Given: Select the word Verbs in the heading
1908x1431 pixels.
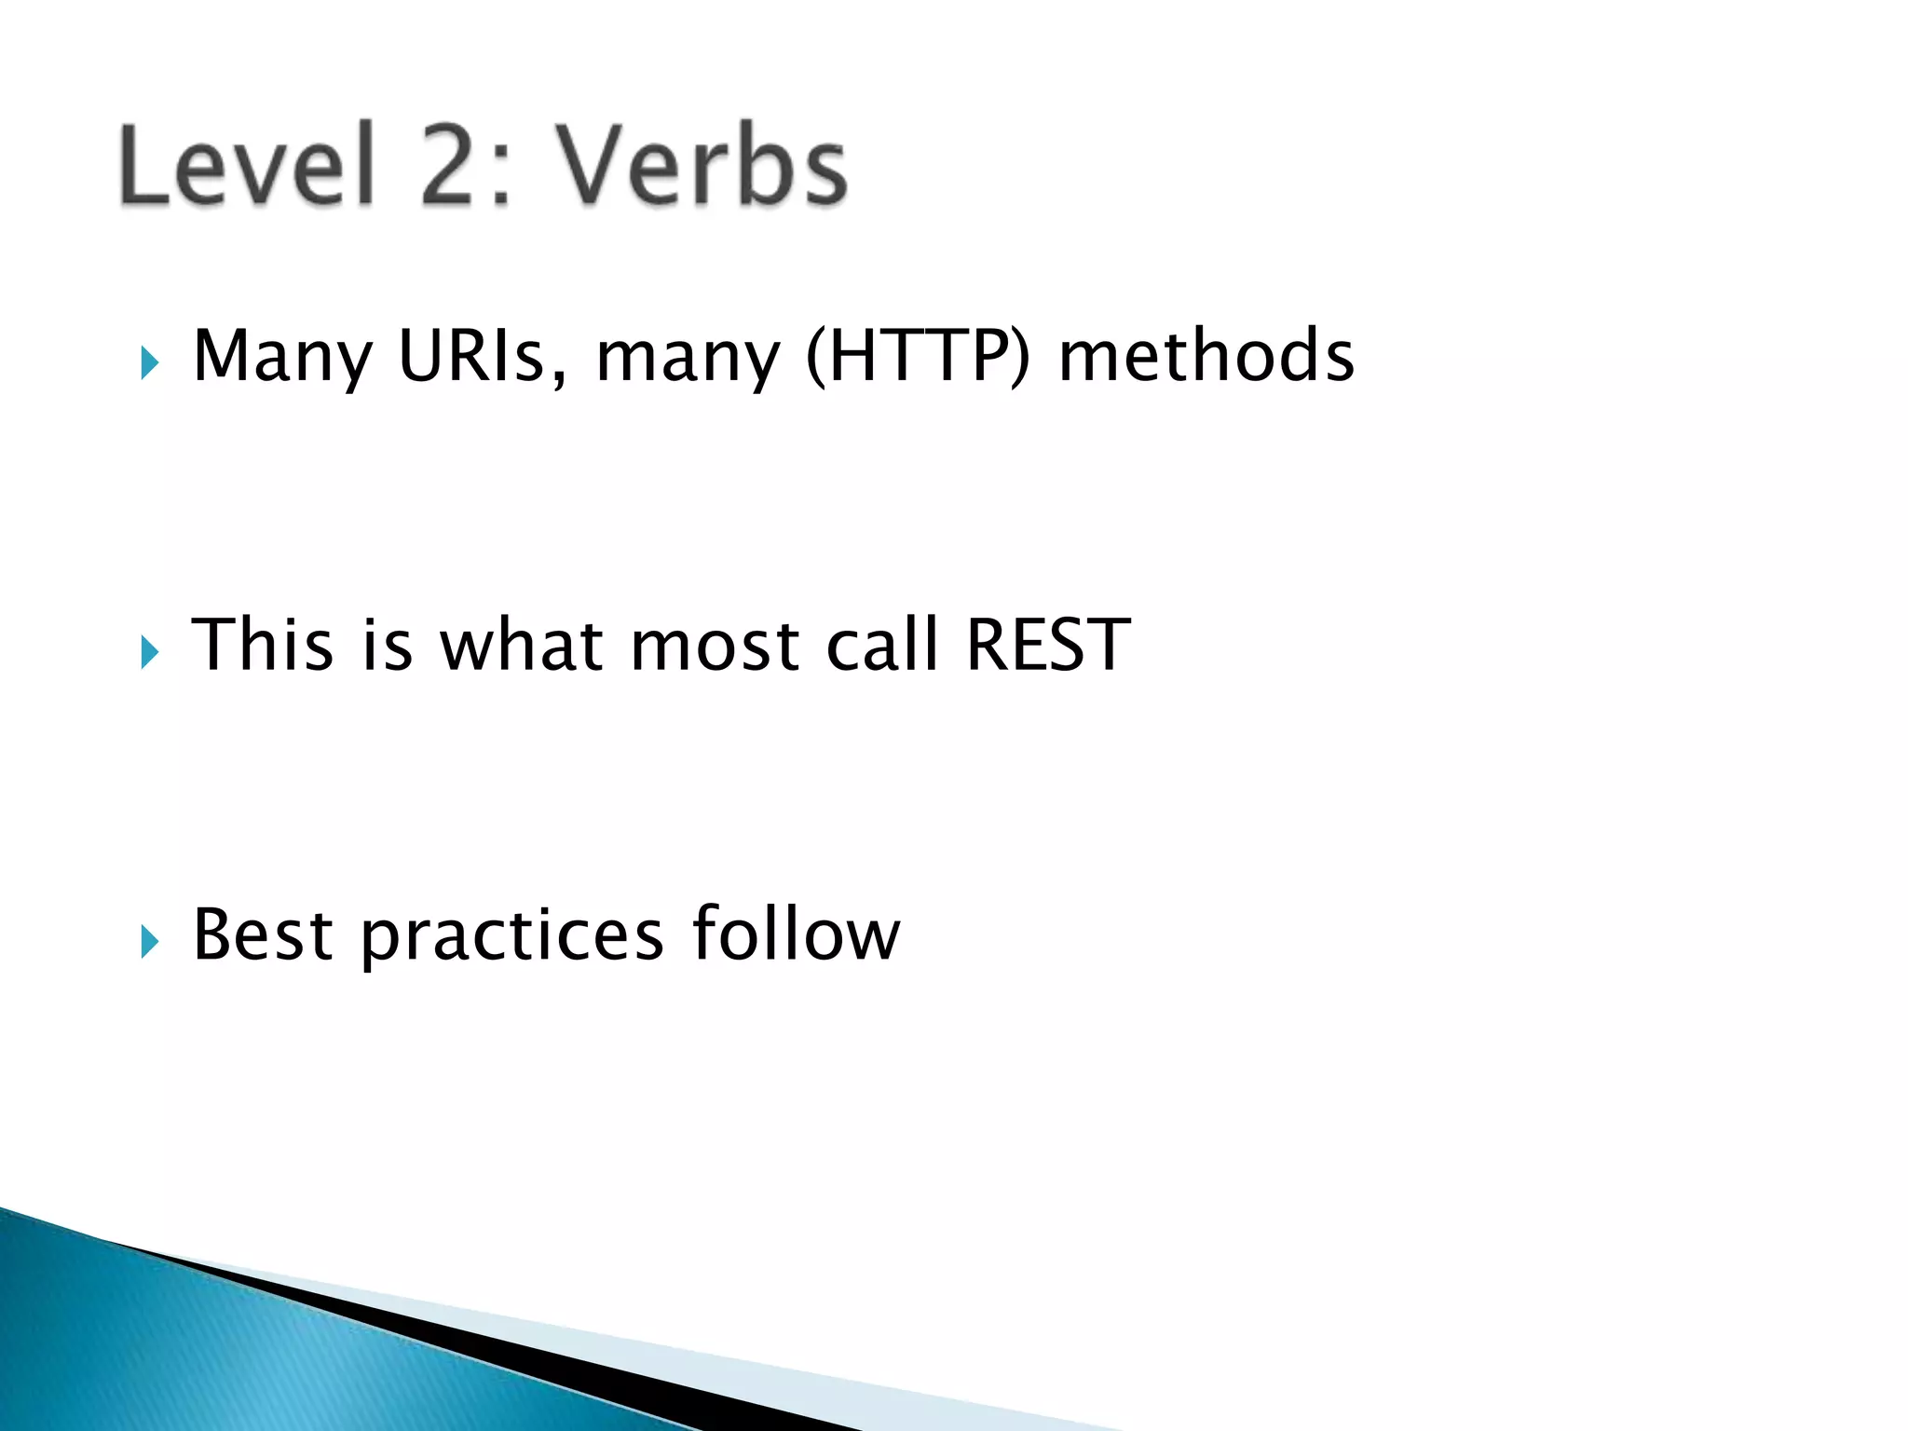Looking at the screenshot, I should pos(703,166).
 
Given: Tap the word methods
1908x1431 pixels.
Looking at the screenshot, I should pos(1206,356).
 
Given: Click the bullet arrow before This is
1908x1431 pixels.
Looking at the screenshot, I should pos(149,651).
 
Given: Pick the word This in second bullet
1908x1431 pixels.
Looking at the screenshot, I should pos(262,645).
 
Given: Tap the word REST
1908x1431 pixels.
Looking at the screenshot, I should pos(1048,645).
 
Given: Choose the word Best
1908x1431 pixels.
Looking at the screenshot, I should pos(262,934).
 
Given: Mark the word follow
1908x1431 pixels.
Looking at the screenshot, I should pos(797,934).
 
